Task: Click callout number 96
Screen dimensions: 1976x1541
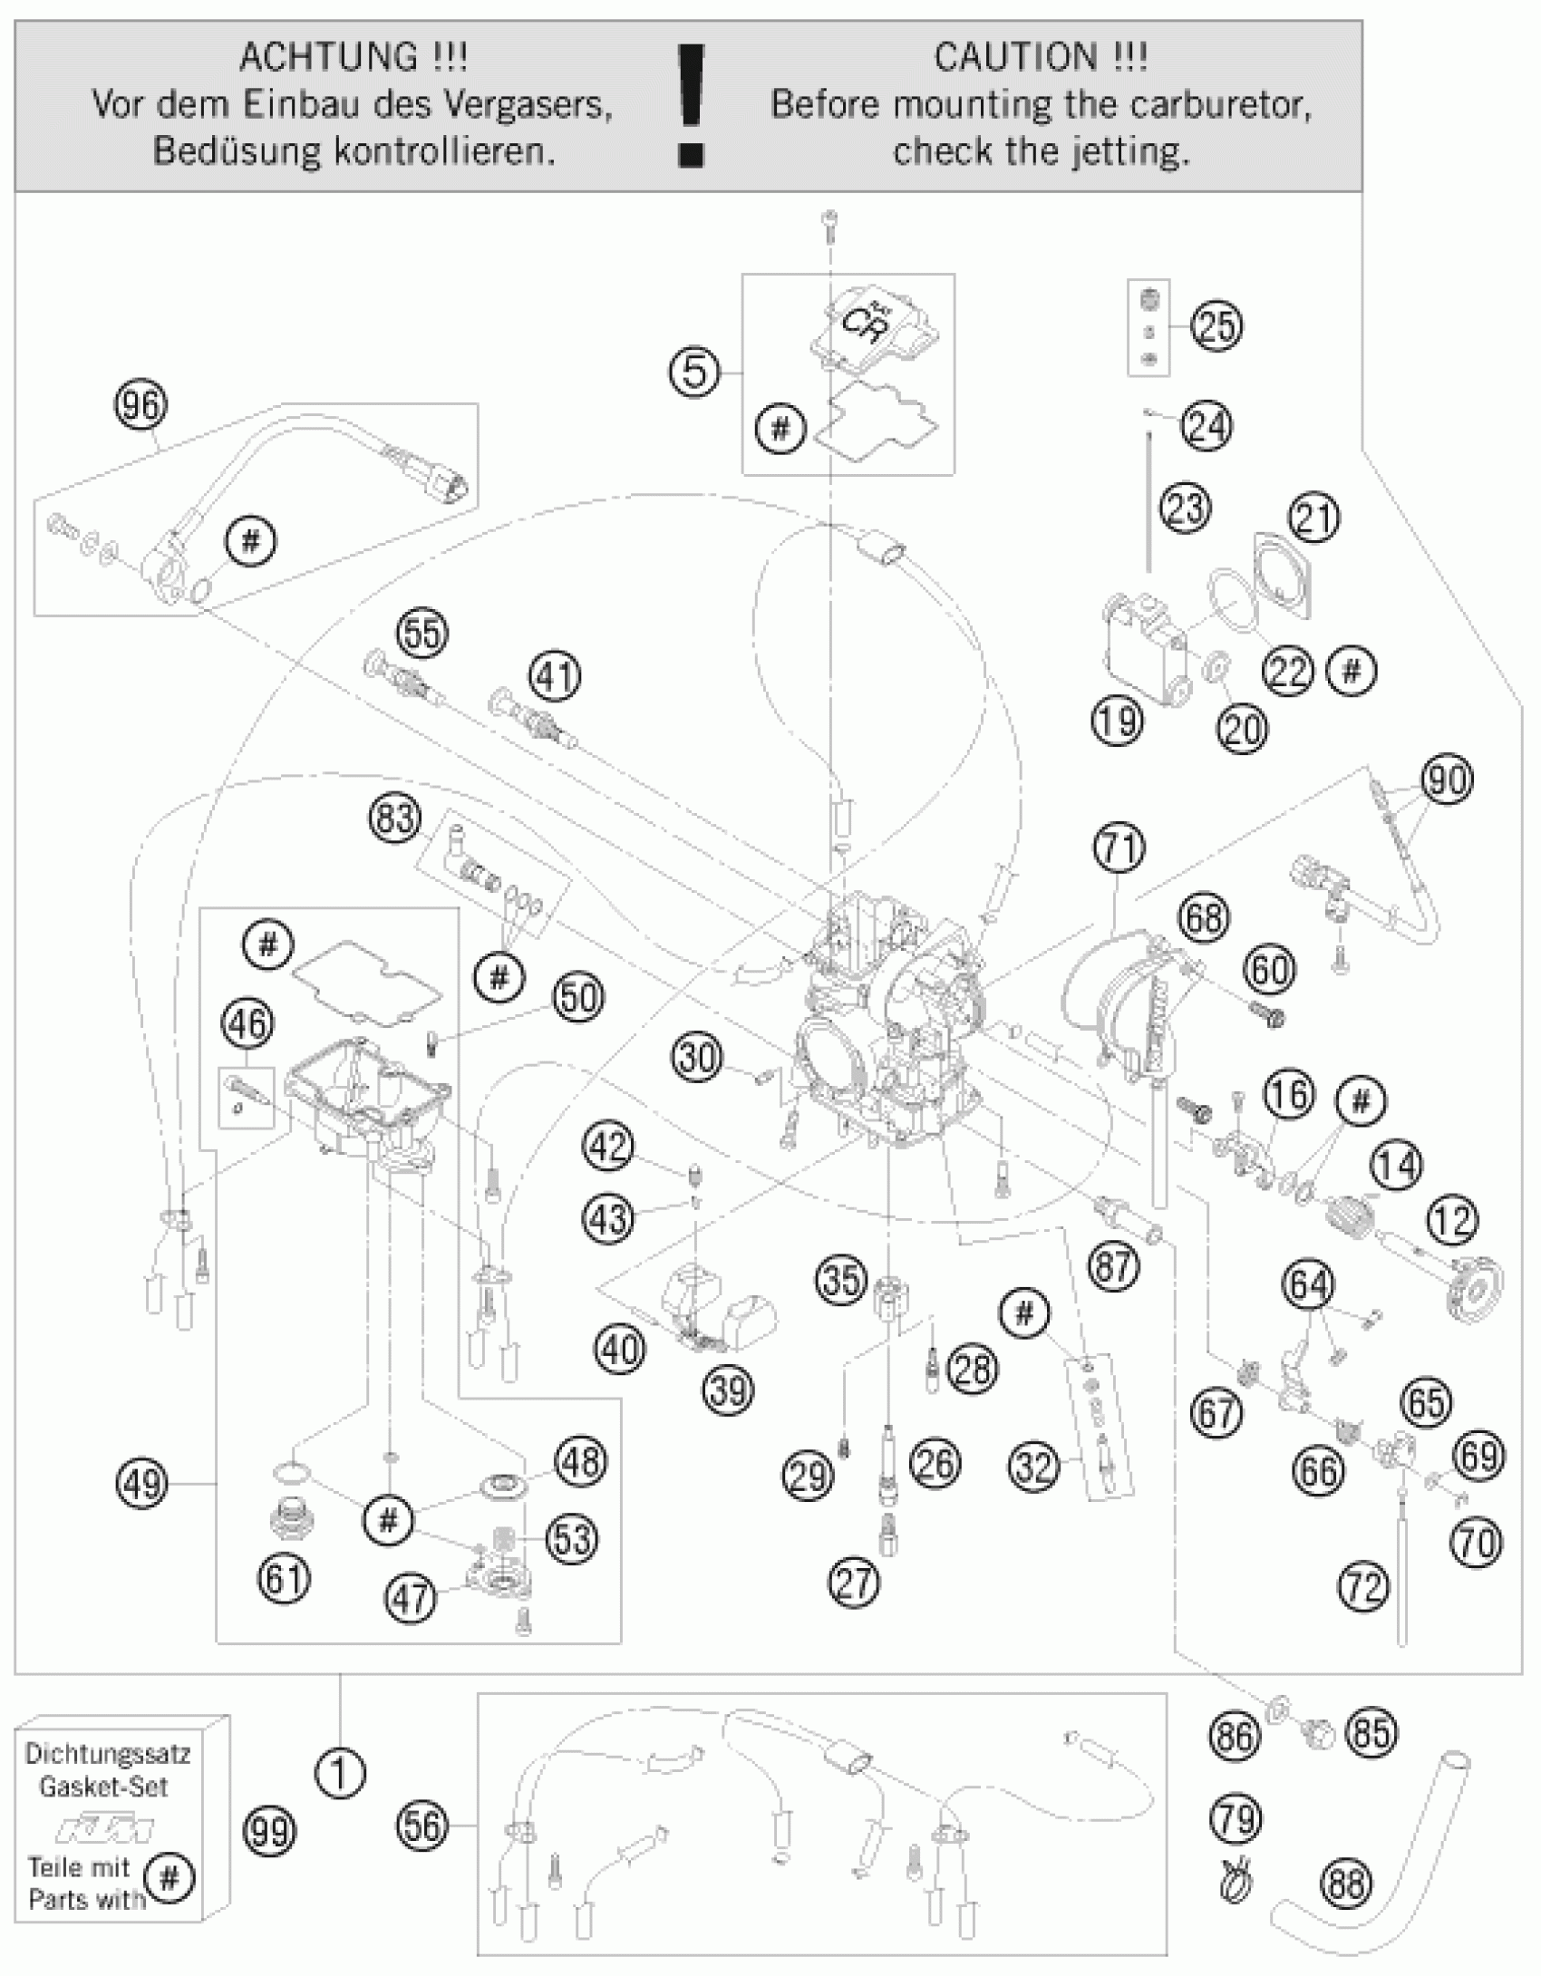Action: (141, 404)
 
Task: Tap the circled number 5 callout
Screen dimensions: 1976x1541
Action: (693, 372)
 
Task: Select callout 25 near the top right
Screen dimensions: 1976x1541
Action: (1216, 326)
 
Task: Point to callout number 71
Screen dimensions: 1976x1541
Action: (1119, 848)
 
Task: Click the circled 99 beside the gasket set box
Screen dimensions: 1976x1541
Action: (270, 1832)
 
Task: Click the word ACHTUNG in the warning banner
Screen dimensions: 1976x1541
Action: (328, 58)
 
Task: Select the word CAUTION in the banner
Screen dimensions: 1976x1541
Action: (1014, 58)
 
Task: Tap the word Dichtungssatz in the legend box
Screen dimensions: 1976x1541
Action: (108, 1753)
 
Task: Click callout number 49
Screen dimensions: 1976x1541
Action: (142, 1483)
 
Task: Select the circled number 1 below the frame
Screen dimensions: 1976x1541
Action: (341, 1773)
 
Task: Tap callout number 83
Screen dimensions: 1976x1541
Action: (396, 818)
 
